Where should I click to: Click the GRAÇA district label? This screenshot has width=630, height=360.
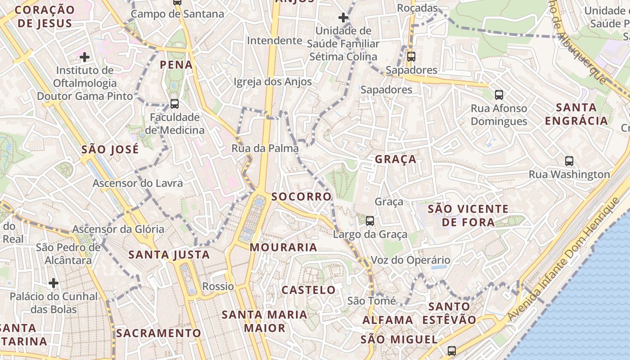(x=396, y=159)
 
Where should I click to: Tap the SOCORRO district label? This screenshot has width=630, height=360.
(x=301, y=197)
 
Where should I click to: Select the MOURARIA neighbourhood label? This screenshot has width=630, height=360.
(x=283, y=247)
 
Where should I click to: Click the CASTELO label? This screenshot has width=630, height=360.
(x=309, y=290)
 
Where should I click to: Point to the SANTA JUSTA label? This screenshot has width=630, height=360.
(x=169, y=255)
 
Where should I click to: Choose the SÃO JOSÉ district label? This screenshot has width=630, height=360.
(x=110, y=149)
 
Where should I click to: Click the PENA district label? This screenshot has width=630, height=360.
(x=176, y=65)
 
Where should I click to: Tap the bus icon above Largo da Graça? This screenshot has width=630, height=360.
(x=370, y=220)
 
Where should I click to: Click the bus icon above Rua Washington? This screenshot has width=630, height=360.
(x=569, y=161)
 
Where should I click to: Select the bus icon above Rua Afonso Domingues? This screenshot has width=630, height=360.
(x=499, y=94)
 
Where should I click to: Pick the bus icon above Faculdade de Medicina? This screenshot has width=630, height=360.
(x=175, y=104)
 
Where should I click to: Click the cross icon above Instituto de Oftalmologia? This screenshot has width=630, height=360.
(x=84, y=57)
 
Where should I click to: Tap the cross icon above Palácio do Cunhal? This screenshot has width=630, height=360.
(x=54, y=283)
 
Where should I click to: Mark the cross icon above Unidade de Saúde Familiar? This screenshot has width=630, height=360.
(x=343, y=18)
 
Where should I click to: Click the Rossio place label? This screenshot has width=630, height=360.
(x=218, y=286)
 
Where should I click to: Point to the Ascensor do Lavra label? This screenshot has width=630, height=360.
(x=138, y=183)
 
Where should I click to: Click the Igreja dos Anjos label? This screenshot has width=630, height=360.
(x=273, y=82)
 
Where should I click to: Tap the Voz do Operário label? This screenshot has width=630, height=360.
(x=410, y=260)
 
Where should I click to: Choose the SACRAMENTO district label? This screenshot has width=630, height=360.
(x=158, y=333)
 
